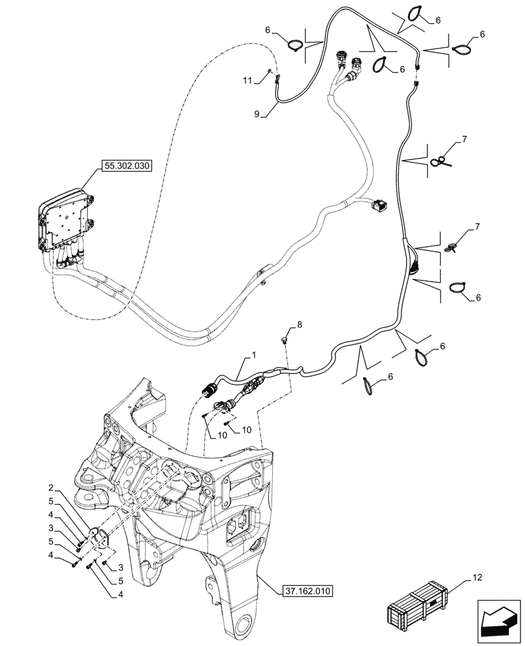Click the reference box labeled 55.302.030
(125, 166)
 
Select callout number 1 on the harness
(254, 356)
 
